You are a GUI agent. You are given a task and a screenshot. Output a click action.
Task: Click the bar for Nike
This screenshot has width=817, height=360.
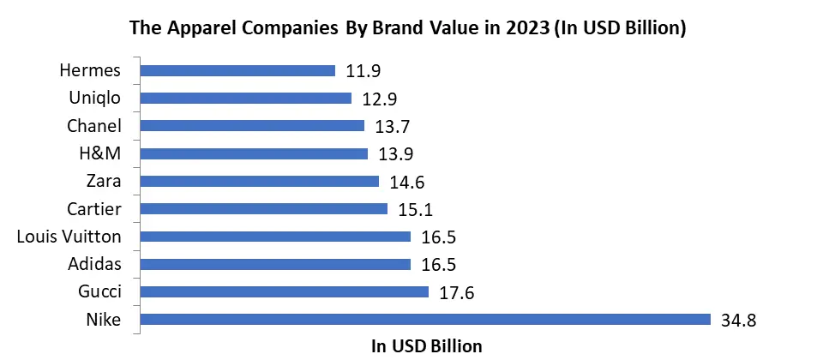pyautogui.click(x=424, y=320)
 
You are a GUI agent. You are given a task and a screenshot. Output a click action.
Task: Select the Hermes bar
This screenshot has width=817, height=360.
pyautogui.click(x=237, y=70)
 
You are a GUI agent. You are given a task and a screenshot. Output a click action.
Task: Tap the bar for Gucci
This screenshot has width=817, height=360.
pyautogui.click(x=283, y=292)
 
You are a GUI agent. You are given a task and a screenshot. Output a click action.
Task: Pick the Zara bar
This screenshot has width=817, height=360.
pyautogui.click(x=258, y=182)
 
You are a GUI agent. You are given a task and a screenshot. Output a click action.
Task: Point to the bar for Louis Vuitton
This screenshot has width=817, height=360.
pyautogui.click(x=274, y=237)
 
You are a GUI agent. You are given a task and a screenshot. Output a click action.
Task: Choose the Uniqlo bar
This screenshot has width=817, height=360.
pyautogui.click(x=245, y=98)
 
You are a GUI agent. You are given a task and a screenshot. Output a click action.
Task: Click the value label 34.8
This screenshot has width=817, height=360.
pyautogui.click(x=740, y=321)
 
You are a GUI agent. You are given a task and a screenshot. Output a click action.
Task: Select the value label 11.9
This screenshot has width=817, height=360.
pyautogui.click(x=363, y=70)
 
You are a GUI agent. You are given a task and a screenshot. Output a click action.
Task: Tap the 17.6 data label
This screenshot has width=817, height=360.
pyautogui.click(x=457, y=293)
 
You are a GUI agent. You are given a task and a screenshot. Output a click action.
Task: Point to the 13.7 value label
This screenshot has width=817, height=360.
pyautogui.click(x=393, y=126)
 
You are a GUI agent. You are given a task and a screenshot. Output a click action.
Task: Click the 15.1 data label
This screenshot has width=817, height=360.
pyautogui.click(x=416, y=209)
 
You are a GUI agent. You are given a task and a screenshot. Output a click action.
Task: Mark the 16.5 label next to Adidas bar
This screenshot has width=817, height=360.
pyautogui.click(x=439, y=265)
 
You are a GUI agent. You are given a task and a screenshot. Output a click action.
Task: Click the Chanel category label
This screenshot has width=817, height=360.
pyautogui.click(x=94, y=126)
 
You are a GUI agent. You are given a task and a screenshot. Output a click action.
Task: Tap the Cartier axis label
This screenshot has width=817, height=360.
pyautogui.click(x=94, y=209)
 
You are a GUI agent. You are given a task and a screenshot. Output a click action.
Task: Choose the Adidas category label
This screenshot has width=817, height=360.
pyautogui.click(x=96, y=265)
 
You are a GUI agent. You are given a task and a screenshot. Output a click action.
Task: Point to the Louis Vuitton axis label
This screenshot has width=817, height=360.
pyautogui.click(x=69, y=237)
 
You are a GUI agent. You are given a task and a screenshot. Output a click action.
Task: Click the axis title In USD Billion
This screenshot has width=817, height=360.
pyautogui.click(x=426, y=346)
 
